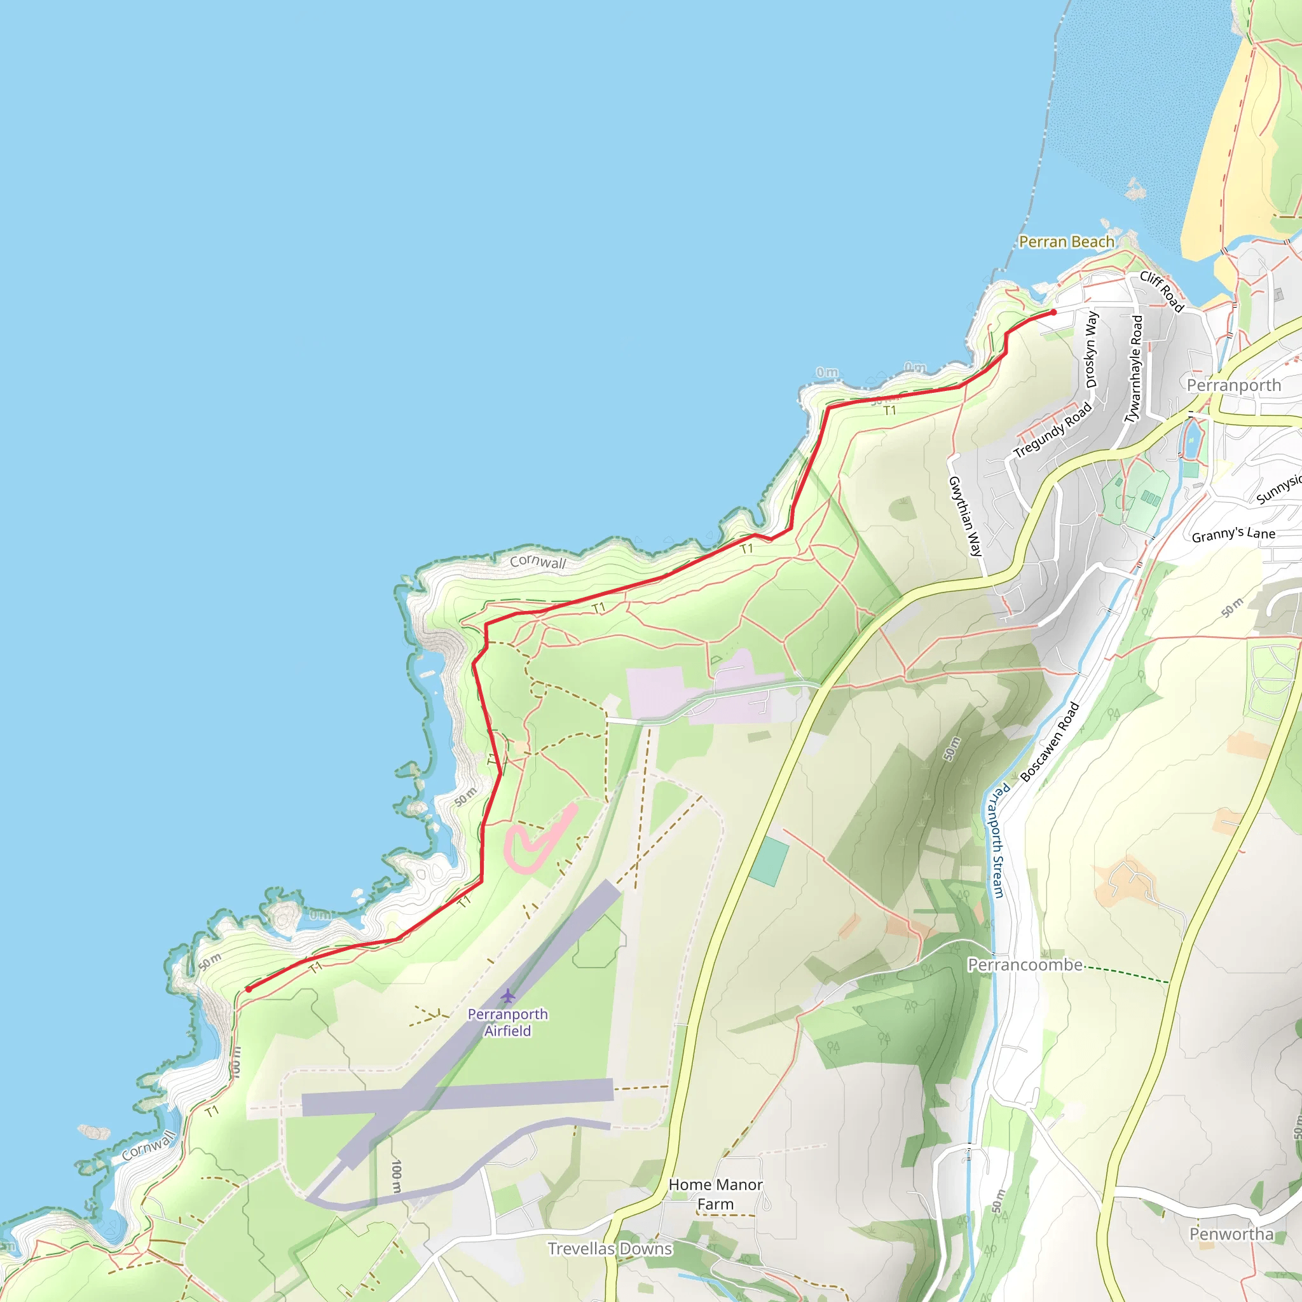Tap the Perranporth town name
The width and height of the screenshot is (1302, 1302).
1233,385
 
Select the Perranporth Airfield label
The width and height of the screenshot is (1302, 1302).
507,1022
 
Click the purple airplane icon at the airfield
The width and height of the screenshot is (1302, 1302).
507,996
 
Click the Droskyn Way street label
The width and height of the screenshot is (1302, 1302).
1091,349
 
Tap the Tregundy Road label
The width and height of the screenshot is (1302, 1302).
1052,430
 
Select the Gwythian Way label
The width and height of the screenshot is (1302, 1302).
965,516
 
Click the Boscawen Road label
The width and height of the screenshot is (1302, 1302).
1049,742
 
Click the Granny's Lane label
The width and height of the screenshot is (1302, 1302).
1233,535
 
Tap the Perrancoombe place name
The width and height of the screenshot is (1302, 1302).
1025,965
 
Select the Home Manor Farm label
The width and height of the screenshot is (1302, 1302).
715,1193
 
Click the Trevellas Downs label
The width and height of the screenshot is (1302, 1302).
609,1249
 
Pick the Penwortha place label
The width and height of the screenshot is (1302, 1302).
1231,1234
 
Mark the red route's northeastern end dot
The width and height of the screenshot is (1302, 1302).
1053,313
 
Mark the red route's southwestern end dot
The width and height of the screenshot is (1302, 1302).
249,989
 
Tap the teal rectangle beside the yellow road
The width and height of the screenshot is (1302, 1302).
768,861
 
